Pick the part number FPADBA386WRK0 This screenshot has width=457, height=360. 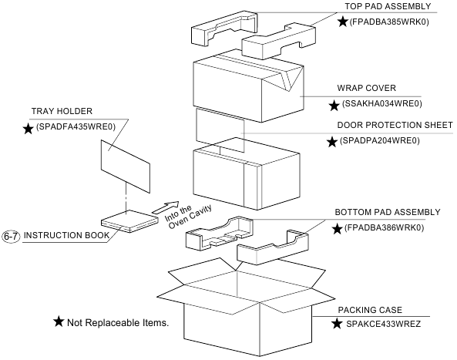[392, 229]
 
